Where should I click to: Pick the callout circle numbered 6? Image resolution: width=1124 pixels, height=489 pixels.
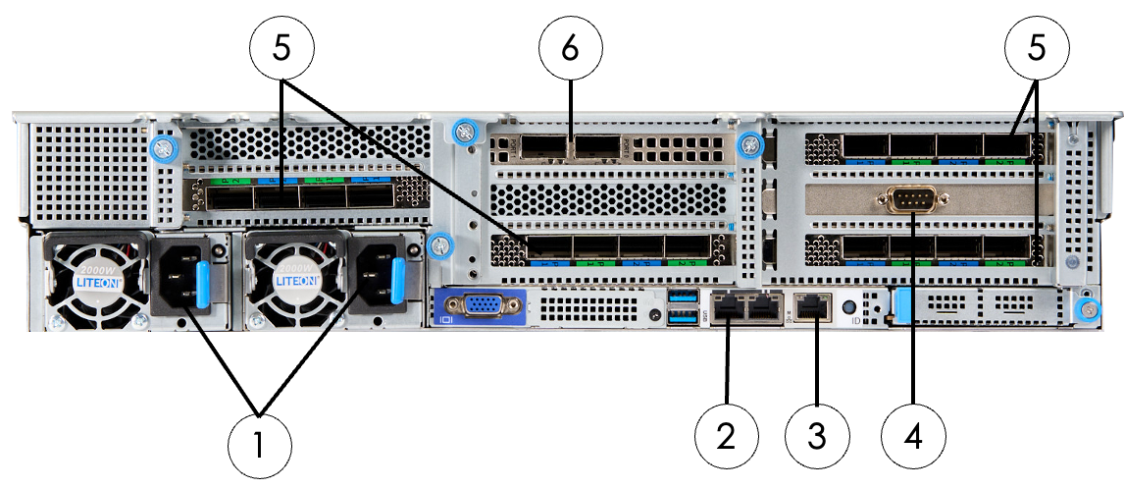pyautogui.click(x=570, y=47)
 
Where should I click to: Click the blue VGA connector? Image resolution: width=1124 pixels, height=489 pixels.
pyautogui.click(x=478, y=305)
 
